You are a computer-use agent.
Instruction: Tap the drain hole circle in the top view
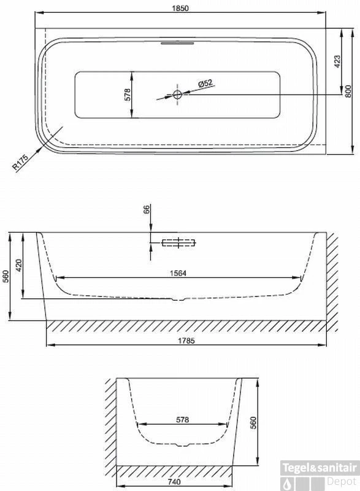coord(177,95)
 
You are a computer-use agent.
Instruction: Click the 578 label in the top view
coord(128,95)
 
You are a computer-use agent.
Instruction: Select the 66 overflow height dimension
coord(147,212)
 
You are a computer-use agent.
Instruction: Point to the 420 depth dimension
coord(18,266)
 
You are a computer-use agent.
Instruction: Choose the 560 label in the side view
coord(6,277)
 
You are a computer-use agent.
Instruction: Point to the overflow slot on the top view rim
coord(177,43)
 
